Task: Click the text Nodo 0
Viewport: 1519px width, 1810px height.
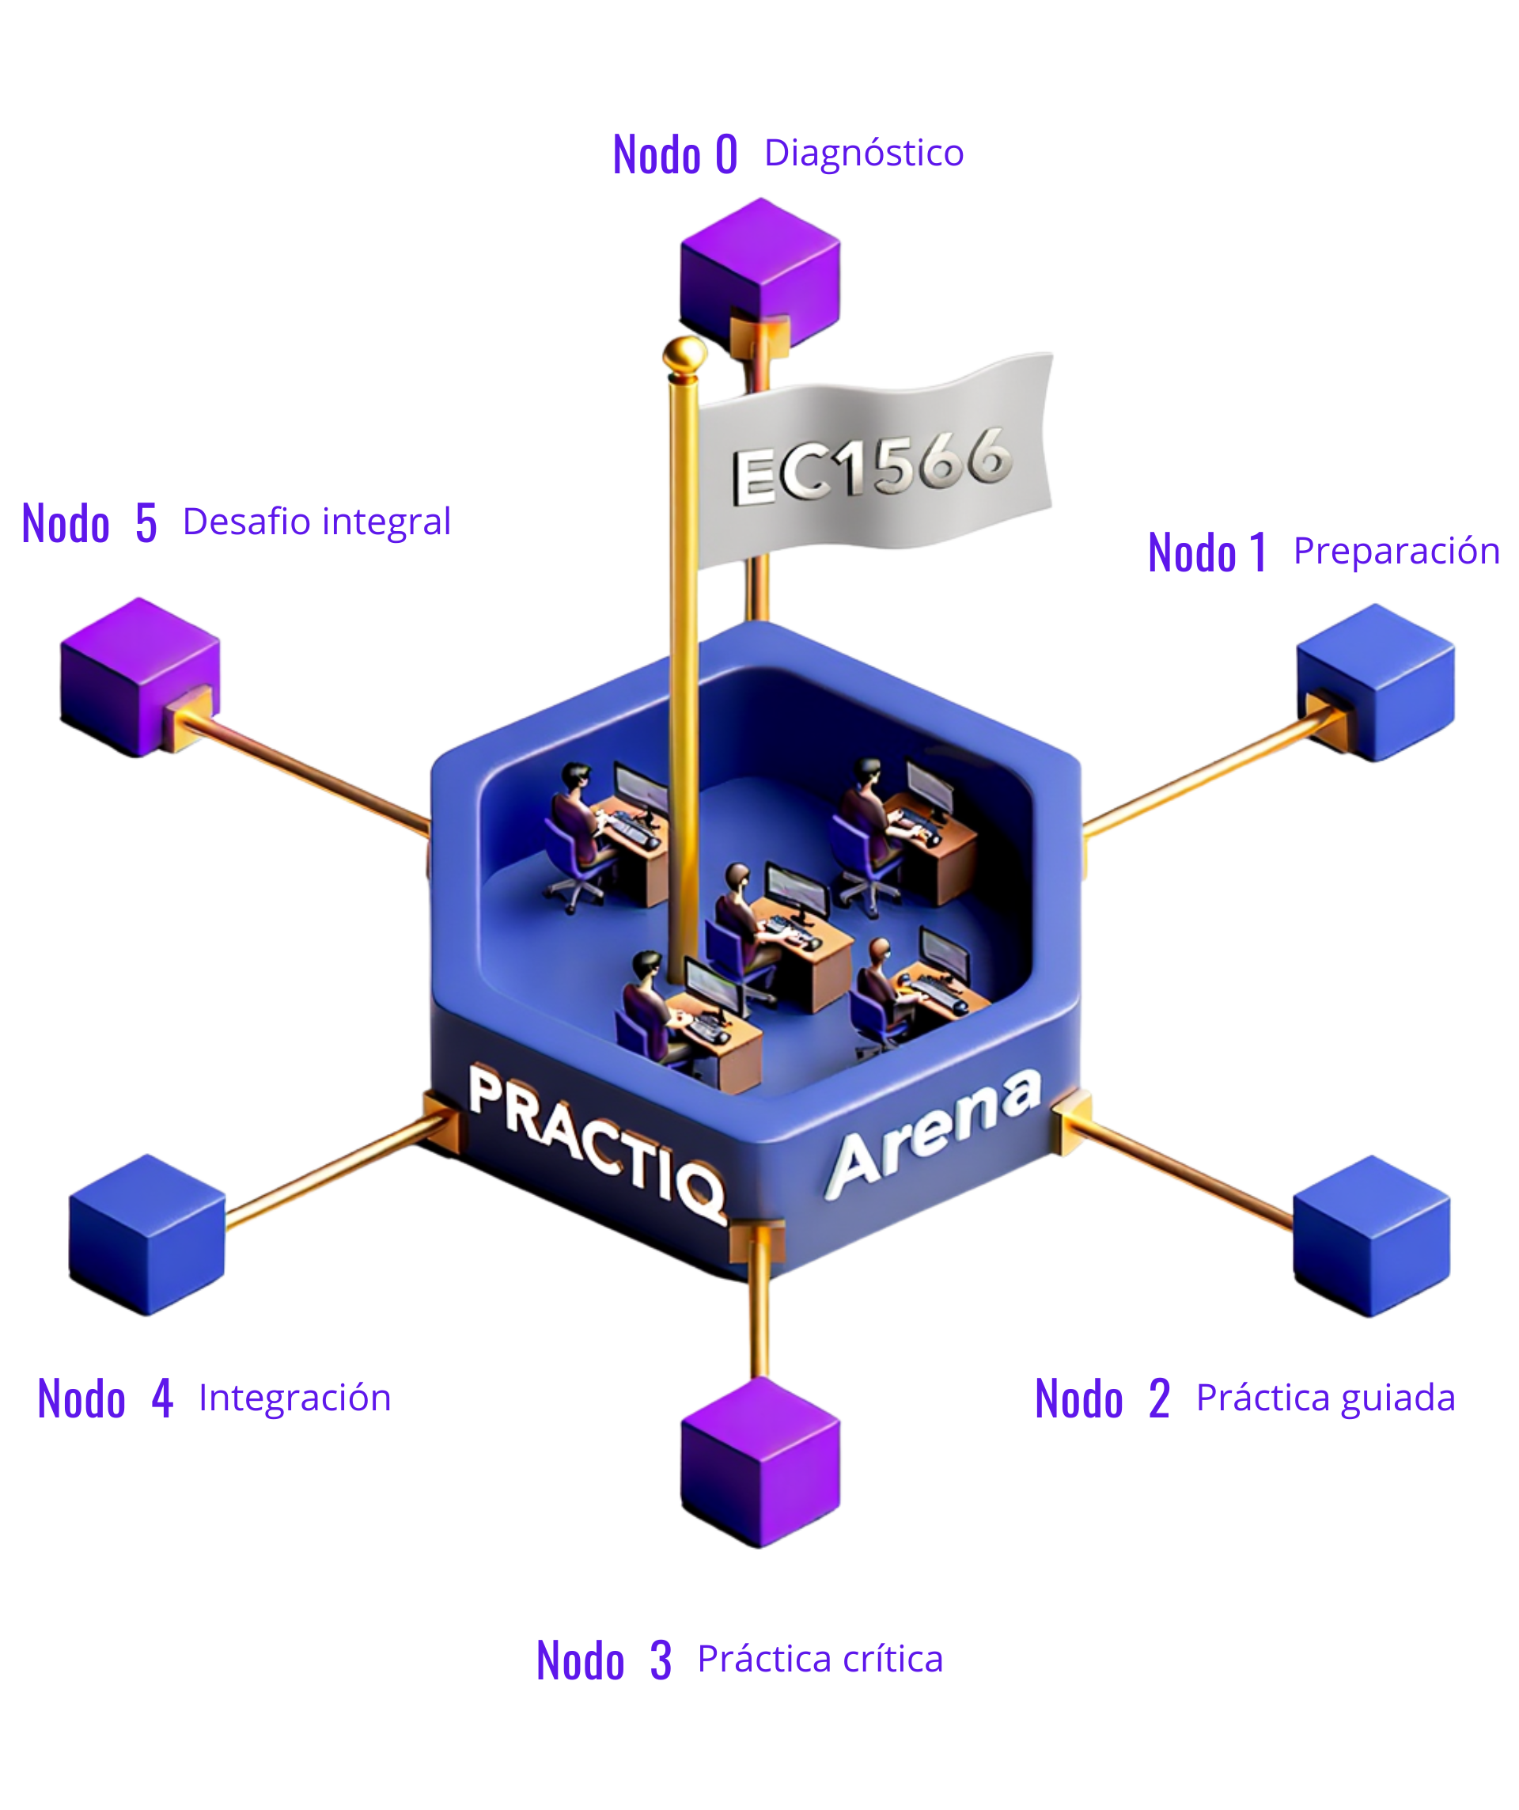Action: pos(675,155)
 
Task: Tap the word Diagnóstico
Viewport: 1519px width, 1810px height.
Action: pos(863,154)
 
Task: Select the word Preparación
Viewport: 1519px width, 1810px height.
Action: pos(1396,551)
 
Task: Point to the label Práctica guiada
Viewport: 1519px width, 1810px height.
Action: pos(1325,1397)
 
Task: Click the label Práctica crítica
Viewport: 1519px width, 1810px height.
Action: pos(820,1658)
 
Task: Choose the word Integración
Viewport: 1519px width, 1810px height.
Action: pos(294,1397)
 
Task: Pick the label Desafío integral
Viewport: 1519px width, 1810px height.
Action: pos(316,522)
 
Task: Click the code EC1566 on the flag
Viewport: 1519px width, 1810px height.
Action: pos(872,465)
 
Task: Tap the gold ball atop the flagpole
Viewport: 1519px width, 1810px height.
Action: pos(684,351)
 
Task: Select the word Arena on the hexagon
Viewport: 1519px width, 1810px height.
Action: pos(934,1133)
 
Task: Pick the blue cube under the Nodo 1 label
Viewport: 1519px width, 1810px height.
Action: pos(1376,681)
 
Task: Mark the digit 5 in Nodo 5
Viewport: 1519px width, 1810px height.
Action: pos(146,523)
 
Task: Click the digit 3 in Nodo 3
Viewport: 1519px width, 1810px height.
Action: pos(660,1660)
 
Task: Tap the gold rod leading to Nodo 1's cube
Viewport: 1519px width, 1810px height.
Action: pos(1198,772)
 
